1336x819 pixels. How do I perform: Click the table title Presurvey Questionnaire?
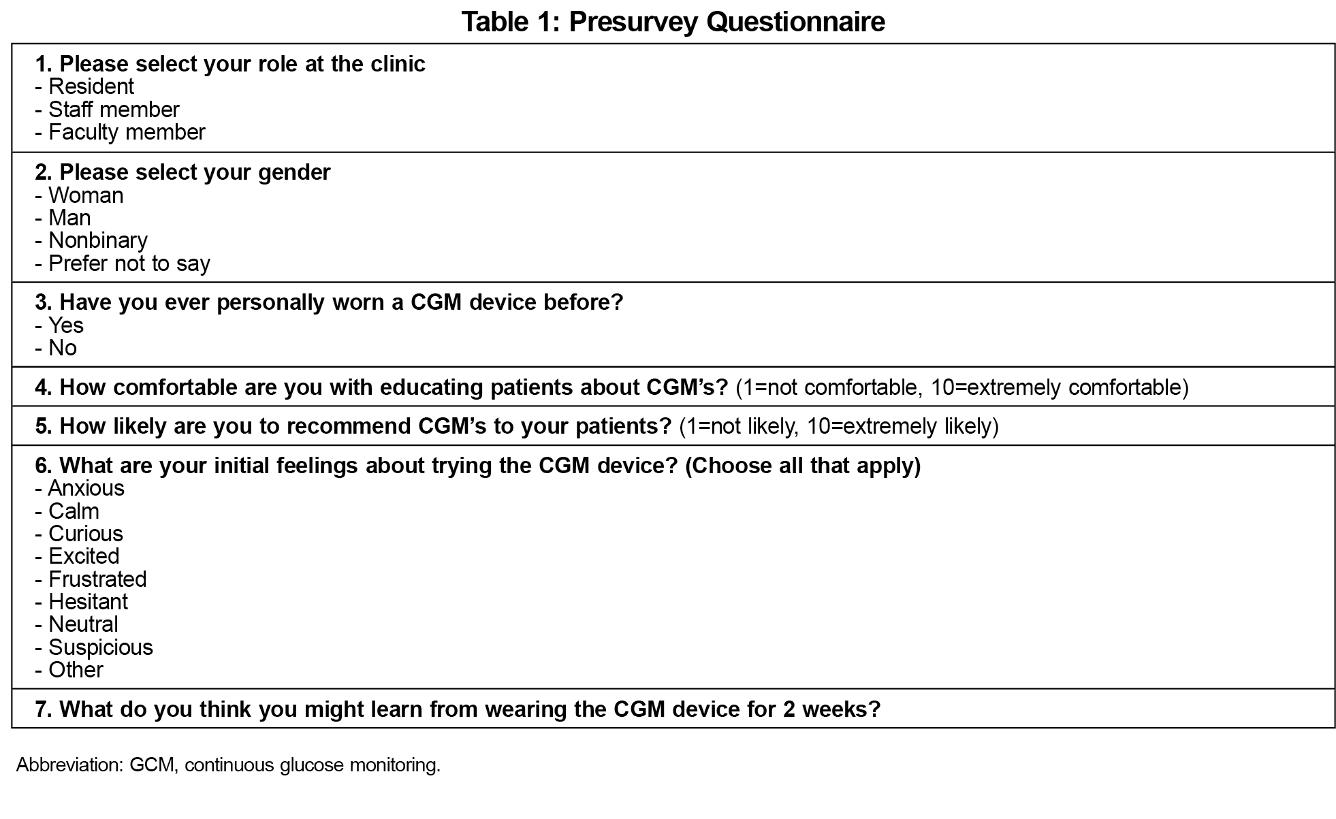(x=673, y=21)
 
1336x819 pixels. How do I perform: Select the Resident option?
(x=91, y=86)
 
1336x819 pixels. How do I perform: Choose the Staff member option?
(x=113, y=109)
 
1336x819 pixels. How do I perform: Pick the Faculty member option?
(x=126, y=131)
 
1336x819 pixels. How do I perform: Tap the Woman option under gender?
(x=85, y=195)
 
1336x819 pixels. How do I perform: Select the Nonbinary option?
(x=97, y=240)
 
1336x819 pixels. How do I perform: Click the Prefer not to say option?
(x=129, y=263)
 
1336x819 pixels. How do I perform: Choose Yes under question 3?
(x=65, y=325)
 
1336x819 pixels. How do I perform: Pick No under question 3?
(x=62, y=348)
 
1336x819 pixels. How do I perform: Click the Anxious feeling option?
(x=86, y=488)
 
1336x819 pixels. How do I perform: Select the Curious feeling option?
(x=85, y=533)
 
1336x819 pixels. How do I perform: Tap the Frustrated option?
(x=97, y=579)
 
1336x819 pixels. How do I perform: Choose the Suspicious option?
(x=100, y=647)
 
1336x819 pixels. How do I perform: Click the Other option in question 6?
(x=75, y=669)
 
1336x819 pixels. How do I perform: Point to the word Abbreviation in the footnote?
(x=68, y=765)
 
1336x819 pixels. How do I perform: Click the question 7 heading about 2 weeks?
(x=458, y=709)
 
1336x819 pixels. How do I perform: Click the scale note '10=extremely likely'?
(x=902, y=426)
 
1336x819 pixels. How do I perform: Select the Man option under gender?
(x=69, y=218)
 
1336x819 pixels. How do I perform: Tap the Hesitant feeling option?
(x=87, y=601)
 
